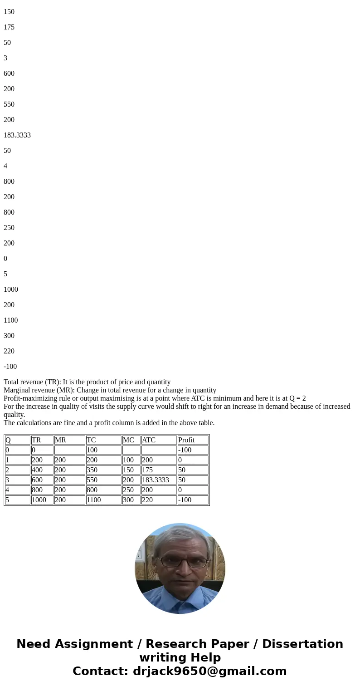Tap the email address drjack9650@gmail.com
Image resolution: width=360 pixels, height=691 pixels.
point(209,671)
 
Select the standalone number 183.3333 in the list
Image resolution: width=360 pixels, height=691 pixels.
point(17,135)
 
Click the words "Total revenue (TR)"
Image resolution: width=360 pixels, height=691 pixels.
point(32,382)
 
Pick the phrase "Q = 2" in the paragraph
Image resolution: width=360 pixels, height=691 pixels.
point(297,398)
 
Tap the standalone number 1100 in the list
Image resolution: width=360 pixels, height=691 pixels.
point(11,320)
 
